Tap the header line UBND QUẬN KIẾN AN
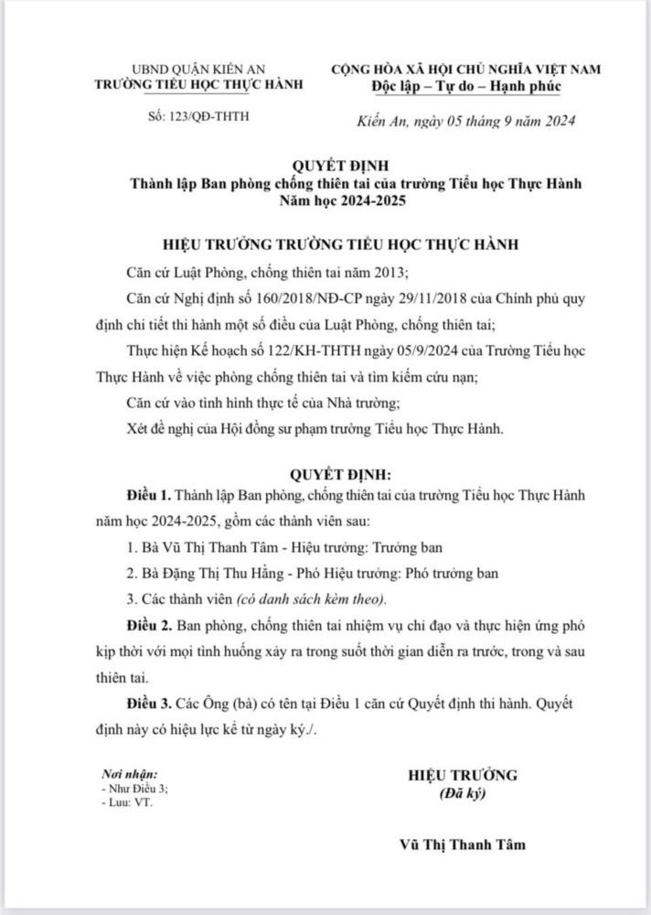(x=197, y=71)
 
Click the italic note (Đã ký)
(x=463, y=793)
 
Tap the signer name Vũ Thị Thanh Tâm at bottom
(x=463, y=845)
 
